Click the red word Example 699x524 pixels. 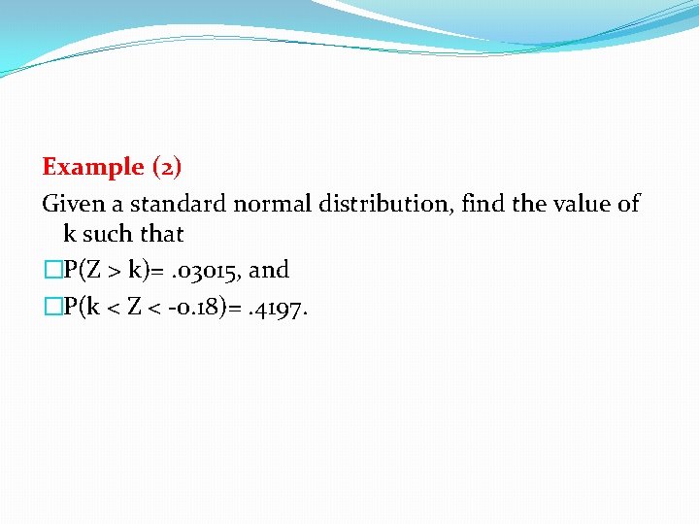click(92, 167)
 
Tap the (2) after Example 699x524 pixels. click(166, 167)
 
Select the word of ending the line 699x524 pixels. click(629, 204)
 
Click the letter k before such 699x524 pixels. click(70, 234)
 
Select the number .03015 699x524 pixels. click(203, 270)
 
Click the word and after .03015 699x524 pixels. click(269, 270)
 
